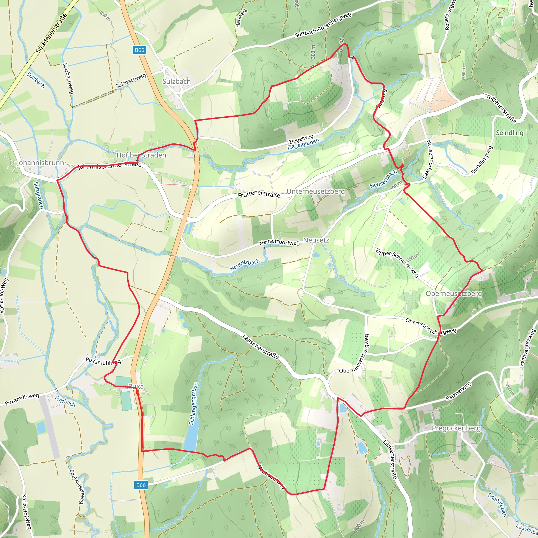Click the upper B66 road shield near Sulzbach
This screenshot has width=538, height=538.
tap(139, 50)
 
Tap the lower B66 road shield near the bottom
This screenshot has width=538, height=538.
tap(141, 485)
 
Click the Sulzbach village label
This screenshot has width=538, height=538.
tap(177, 81)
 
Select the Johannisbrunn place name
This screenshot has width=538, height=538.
tap(40, 163)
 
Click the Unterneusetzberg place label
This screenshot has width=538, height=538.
tap(315, 191)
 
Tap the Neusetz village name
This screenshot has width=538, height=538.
tap(316, 240)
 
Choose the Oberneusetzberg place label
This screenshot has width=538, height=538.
tap(454, 293)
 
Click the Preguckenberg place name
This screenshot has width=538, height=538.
tap(456, 428)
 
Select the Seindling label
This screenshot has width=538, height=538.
tap(509, 133)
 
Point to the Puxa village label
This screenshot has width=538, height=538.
tap(136, 386)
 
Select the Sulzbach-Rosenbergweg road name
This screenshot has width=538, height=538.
tap(323, 25)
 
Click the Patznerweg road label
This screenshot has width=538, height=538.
tap(458, 391)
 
